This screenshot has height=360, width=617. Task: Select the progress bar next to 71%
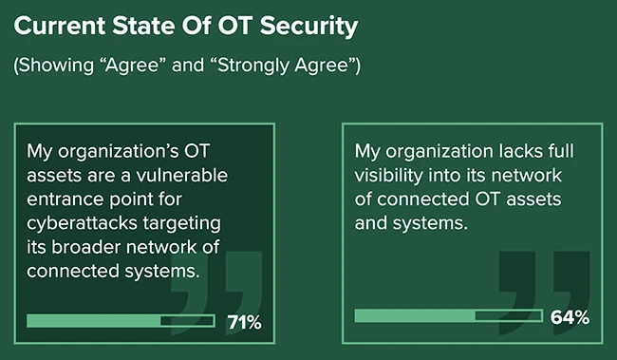(121, 321)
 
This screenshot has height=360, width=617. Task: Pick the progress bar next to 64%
(448, 315)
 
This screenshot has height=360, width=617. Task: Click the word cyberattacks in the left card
(83, 223)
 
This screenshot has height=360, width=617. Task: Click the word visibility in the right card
(393, 177)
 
